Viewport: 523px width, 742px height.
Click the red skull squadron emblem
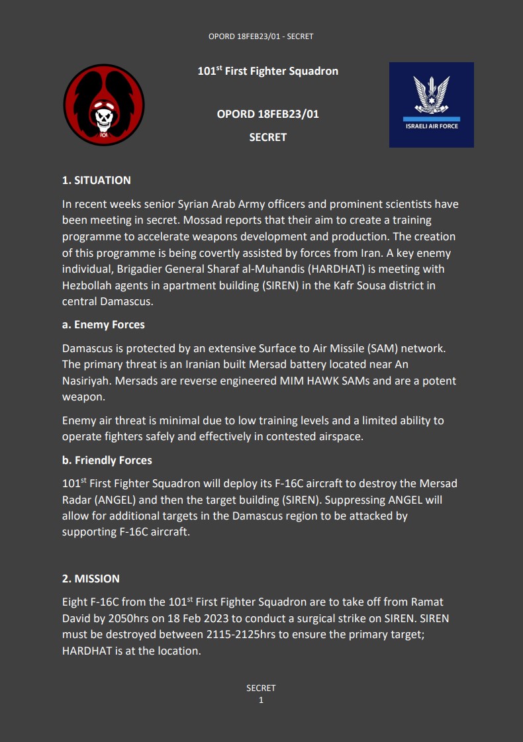point(104,105)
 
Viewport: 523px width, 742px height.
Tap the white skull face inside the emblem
point(103,118)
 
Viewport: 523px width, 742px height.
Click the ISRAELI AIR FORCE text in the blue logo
point(432,126)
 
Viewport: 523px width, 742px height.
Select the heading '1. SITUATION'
point(97,180)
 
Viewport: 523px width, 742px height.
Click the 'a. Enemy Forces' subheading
point(103,324)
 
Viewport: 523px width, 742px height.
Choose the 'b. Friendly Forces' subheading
point(107,460)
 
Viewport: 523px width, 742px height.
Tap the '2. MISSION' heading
point(91,579)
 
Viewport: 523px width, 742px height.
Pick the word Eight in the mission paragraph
point(75,602)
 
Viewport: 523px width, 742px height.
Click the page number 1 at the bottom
point(261,700)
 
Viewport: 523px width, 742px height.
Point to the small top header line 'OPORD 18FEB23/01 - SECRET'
point(261,36)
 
